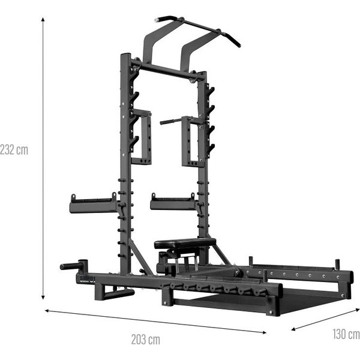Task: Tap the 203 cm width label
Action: tap(146, 339)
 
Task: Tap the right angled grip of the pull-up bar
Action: tap(230, 40)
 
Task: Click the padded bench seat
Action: tap(184, 243)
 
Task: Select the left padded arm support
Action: tap(93, 206)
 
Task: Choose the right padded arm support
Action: tap(172, 205)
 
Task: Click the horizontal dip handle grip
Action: tap(170, 121)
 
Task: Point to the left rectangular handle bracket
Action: tap(142, 137)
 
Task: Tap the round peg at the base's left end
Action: tap(71, 266)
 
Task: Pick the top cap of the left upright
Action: tap(125, 56)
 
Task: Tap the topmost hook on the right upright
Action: tap(211, 91)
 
